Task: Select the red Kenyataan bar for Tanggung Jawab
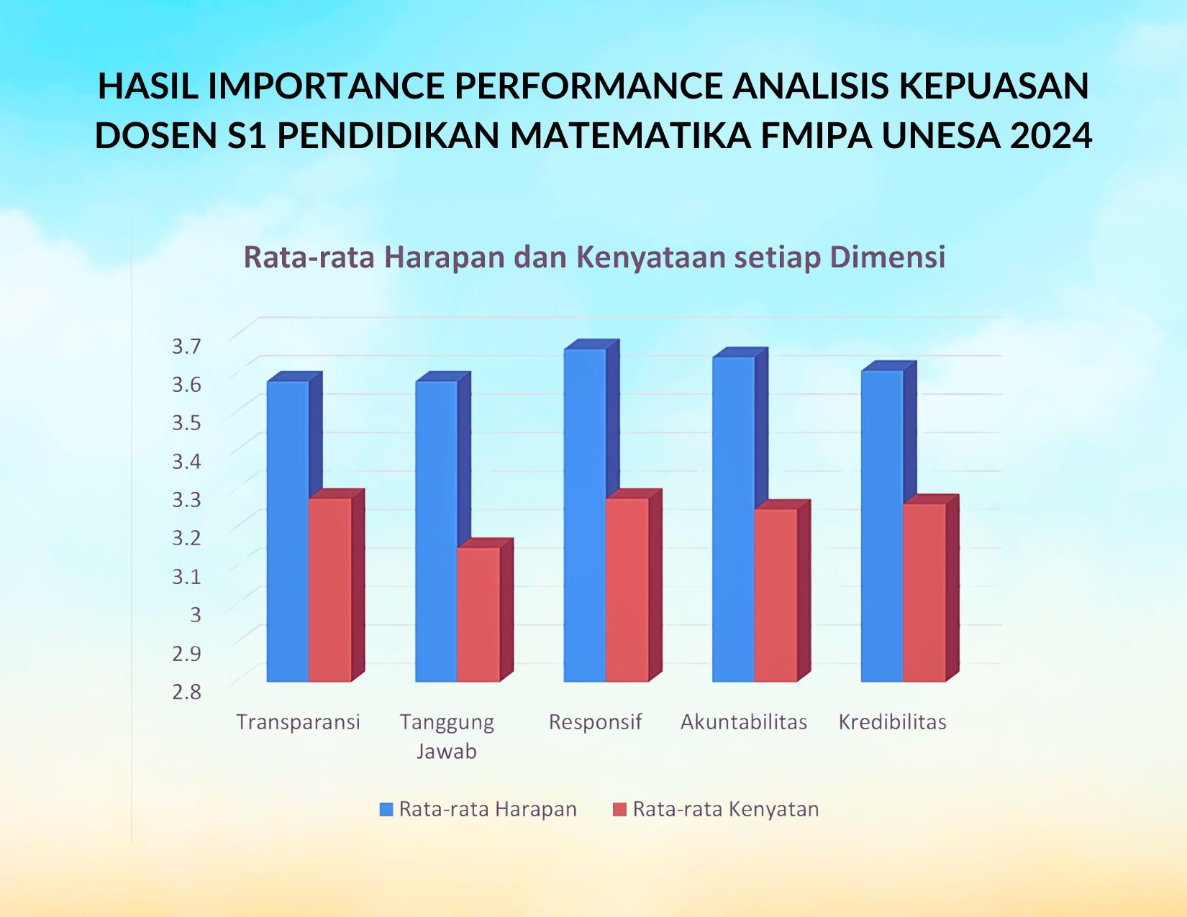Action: click(478, 614)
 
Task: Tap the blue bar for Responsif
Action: click(584, 515)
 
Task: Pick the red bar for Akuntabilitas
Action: click(776, 595)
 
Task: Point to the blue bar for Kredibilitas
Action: click(881, 526)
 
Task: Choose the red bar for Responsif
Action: click(627, 590)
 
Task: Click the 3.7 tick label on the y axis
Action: click(186, 346)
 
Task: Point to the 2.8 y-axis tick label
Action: click(186, 691)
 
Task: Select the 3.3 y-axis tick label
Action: click(186, 499)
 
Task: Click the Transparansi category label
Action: click(298, 722)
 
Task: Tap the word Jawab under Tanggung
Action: click(446, 752)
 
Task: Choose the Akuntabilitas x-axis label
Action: click(744, 722)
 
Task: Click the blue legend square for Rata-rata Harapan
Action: click(386, 810)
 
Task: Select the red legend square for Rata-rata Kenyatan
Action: click(619, 810)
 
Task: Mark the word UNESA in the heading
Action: click(941, 135)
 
